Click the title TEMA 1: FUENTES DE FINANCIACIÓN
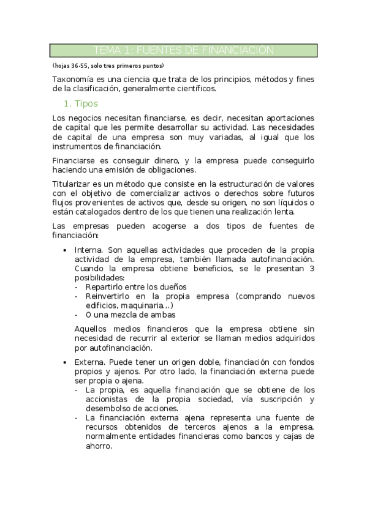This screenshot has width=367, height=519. tap(183, 50)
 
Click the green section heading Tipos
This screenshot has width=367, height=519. tap(86, 103)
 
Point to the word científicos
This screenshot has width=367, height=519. tap(196, 89)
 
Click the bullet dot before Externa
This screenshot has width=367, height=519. tap(65, 362)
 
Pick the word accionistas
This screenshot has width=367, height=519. tap(110, 400)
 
